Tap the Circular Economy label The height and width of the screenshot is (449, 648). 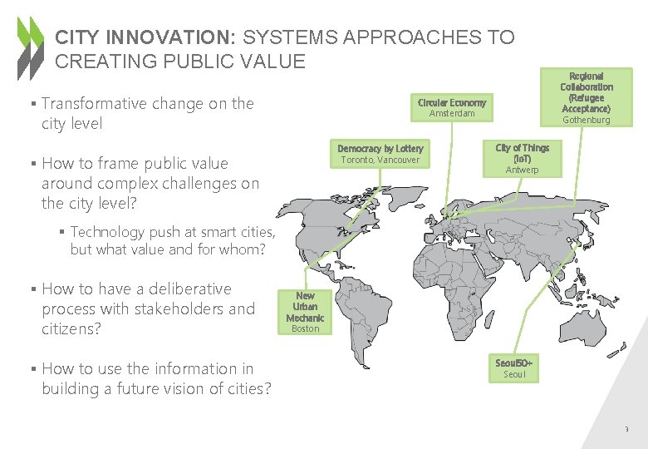coord(452,102)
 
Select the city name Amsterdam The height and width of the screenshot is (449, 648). coord(452,113)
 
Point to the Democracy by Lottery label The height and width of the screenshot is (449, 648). coord(380,148)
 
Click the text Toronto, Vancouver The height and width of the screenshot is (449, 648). coord(380,160)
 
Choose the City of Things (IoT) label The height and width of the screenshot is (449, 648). coord(523,153)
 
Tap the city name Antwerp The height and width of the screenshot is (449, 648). coord(523,170)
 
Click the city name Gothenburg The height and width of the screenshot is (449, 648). coord(587,120)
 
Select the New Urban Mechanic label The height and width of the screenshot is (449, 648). coord(305,307)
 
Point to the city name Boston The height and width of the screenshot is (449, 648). coord(305,328)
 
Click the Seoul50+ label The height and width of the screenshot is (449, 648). coord(514,363)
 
